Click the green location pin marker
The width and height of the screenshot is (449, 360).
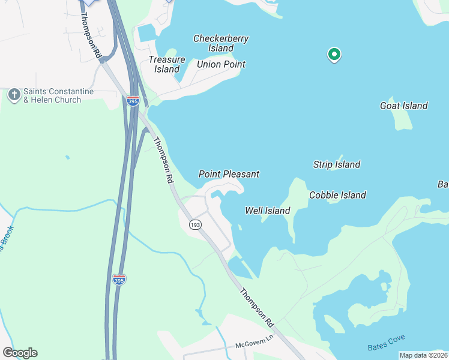click(x=334, y=55)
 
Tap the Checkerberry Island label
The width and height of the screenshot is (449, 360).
click(x=221, y=43)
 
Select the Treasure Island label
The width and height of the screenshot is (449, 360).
click(x=164, y=64)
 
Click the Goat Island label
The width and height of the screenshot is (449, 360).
click(x=404, y=106)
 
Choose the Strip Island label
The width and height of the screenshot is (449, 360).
click(x=337, y=164)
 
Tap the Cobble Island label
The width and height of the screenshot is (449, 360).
click(x=337, y=195)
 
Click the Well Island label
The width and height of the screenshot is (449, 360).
click(x=268, y=211)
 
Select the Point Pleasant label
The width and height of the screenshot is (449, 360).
click(x=229, y=174)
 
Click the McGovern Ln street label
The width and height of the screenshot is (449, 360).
click(x=254, y=346)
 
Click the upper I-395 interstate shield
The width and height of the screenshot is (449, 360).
click(x=133, y=101)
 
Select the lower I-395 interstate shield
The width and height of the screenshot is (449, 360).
click(x=119, y=279)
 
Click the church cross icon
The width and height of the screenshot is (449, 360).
click(x=14, y=95)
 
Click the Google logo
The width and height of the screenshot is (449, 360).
click(x=20, y=353)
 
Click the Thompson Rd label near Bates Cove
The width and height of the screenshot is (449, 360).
click(x=257, y=308)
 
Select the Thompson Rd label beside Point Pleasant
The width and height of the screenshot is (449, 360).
click(x=163, y=160)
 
